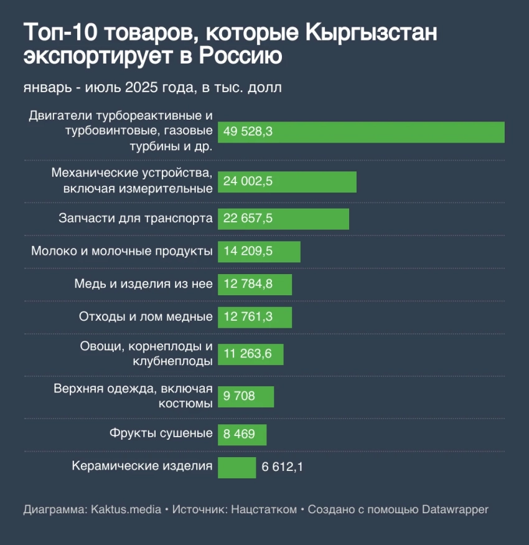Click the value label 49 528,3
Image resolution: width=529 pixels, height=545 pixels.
click(248, 132)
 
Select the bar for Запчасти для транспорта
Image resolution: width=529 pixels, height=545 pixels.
click(283, 219)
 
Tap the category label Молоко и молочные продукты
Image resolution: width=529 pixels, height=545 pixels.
click(122, 252)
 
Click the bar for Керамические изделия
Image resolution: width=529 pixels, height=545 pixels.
click(236, 467)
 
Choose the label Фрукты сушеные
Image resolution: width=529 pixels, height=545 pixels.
click(161, 434)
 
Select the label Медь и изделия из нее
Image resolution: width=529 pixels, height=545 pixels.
click(144, 285)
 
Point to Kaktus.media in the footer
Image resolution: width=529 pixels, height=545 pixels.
click(126, 509)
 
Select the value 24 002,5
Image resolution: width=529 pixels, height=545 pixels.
click(248, 182)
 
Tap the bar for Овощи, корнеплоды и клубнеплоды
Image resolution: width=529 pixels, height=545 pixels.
click(250, 354)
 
